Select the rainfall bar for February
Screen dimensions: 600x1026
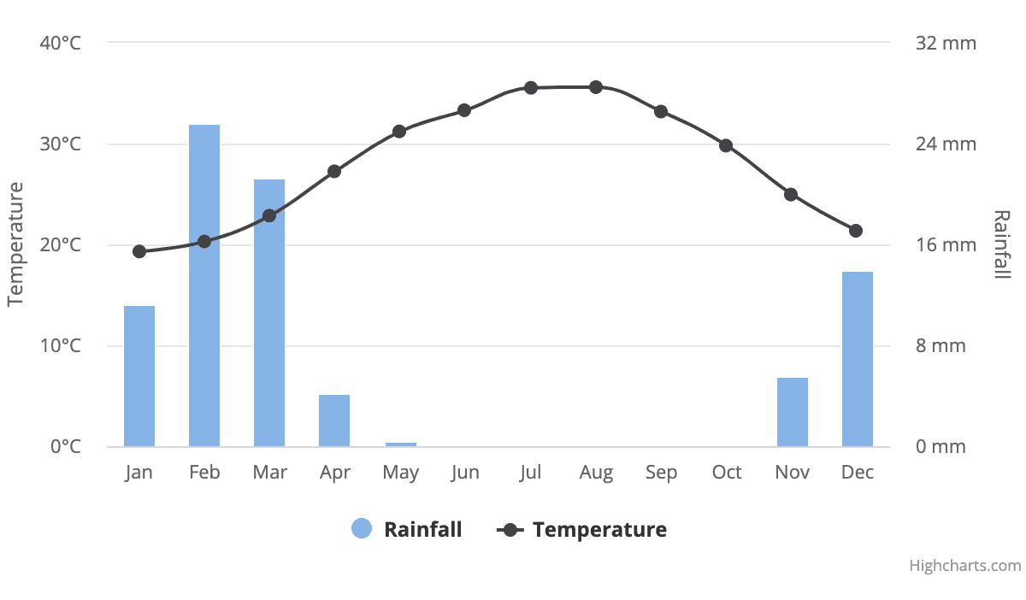coord(204,285)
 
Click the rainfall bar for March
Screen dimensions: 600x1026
coord(269,313)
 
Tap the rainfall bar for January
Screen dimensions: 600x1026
coord(139,376)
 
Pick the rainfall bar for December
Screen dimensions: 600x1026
coord(858,359)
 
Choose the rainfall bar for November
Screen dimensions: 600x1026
coord(793,412)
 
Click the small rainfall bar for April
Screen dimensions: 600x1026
coord(334,421)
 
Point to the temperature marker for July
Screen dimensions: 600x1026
coord(531,88)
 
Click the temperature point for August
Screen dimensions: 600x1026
coord(596,87)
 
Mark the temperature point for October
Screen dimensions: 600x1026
coord(726,145)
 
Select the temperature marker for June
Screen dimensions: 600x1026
coord(464,110)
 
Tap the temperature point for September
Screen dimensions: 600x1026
coord(661,112)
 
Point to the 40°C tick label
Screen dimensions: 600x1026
coord(61,43)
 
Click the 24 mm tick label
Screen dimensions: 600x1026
coord(946,144)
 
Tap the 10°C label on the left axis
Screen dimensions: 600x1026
coord(61,346)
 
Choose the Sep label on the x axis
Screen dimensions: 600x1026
coord(661,473)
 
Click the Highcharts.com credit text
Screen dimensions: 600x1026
coord(964,566)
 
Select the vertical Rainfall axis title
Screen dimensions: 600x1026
coord(1002,244)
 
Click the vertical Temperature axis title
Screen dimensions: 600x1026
coord(15,244)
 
